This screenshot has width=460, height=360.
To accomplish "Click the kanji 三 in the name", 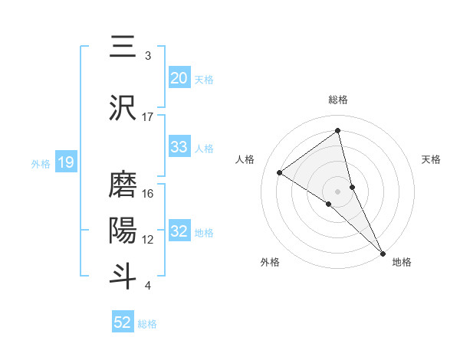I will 122,47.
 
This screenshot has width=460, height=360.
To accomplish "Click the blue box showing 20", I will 179,78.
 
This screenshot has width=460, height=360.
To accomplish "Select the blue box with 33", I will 179,147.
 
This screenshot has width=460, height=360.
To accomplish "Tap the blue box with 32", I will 179,231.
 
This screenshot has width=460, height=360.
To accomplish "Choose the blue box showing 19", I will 65,162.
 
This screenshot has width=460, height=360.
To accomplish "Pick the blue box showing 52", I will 122,322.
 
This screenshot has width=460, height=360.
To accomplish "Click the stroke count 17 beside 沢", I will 148,117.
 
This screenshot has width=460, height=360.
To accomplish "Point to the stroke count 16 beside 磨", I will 148,194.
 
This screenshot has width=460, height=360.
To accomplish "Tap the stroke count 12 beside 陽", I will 148,240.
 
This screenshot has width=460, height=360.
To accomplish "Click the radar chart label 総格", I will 338,100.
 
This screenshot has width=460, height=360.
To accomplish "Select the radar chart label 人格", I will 245,159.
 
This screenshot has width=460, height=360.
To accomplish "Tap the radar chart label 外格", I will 269,262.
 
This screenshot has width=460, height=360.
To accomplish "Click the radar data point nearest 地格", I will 382,252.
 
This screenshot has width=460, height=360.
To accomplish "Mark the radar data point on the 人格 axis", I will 280,172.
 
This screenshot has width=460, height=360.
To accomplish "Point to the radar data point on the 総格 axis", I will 338,130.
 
